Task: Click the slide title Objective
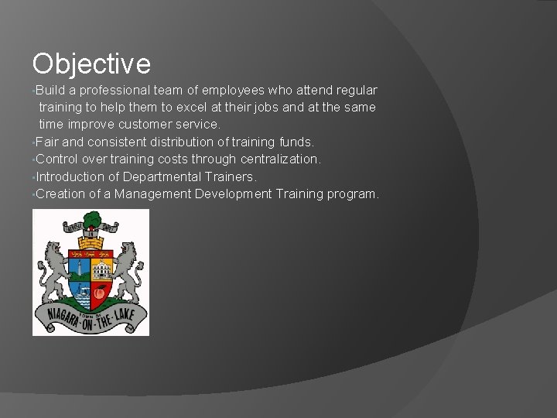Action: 91,63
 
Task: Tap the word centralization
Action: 275,159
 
